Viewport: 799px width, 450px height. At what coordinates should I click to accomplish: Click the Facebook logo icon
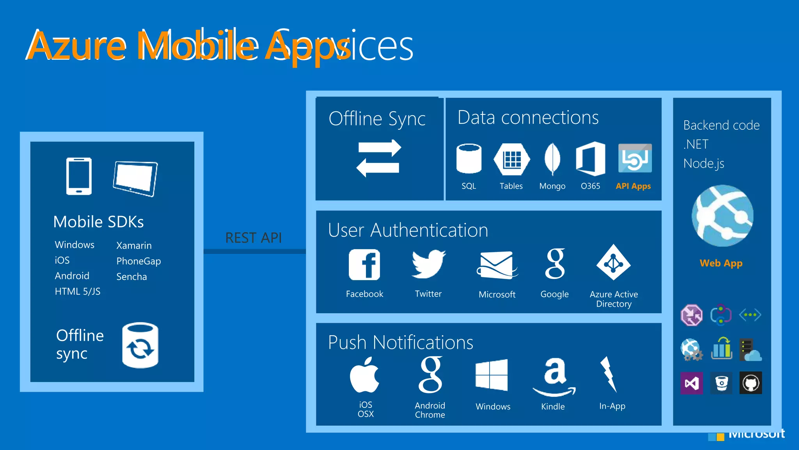point(364,265)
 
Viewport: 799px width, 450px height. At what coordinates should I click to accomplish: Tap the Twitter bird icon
point(428,264)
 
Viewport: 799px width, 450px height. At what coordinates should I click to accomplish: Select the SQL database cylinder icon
point(469,159)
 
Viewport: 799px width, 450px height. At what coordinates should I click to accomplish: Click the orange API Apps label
point(633,186)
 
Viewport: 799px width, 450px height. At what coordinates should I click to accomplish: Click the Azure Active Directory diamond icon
point(613,262)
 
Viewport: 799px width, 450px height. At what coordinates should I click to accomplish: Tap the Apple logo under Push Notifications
point(364,375)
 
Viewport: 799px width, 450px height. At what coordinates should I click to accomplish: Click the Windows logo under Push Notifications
point(492,375)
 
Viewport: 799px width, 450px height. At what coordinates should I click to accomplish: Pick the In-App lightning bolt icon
point(609,374)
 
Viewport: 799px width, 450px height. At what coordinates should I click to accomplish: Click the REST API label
point(254,238)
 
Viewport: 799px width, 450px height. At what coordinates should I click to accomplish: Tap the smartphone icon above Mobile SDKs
point(79,176)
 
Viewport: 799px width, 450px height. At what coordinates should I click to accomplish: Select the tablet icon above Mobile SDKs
point(135,179)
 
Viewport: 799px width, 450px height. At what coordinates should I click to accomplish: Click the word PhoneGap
point(138,261)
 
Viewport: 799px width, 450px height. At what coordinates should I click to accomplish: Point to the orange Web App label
point(721,263)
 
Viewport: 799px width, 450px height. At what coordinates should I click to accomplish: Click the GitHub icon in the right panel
point(751,383)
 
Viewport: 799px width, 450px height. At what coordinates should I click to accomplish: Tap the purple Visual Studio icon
point(692,383)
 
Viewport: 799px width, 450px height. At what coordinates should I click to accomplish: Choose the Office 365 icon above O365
point(590,159)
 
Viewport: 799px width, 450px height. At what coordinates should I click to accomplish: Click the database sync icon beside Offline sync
point(140,345)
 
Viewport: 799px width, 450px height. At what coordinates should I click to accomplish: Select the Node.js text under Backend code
point(704,163)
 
